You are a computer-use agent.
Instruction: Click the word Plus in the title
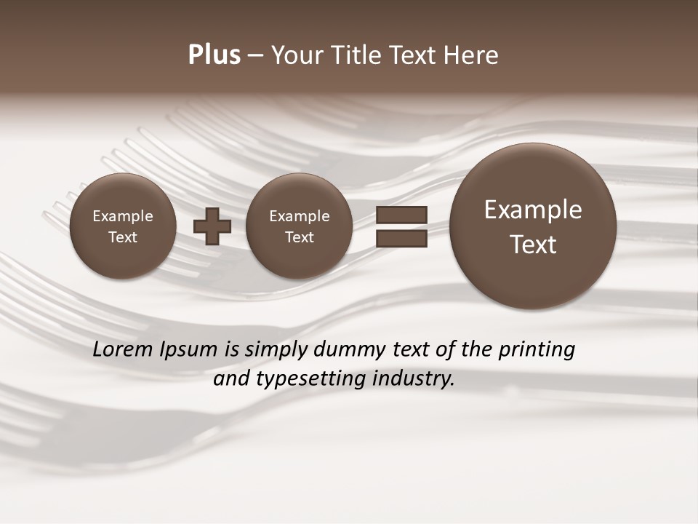pos(214,55)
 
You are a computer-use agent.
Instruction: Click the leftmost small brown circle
pos(123,226)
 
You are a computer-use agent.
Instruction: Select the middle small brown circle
pos(299,226)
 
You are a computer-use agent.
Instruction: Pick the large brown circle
pos(533,226)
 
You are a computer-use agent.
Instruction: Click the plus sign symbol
pos(212,226)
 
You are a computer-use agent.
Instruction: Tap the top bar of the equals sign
pos(401,215)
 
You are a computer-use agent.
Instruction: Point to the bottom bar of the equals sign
pos(401,239)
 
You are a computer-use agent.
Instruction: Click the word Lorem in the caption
pos(123,349)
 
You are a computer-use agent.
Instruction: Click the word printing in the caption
pos(537,350)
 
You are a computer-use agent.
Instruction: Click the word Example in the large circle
pos(533,210)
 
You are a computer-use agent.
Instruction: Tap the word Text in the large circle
pos(533,245)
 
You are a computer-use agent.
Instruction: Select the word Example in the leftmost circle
pos(123,216)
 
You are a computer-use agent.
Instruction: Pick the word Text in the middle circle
pos(299,237)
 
